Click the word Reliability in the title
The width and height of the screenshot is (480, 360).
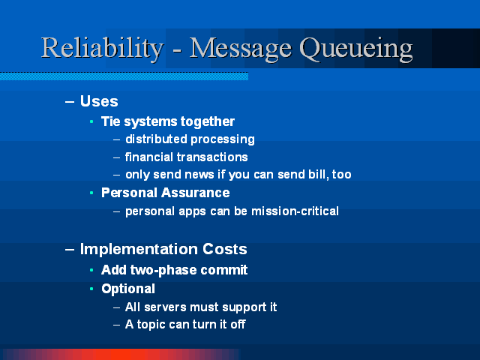[102, 49]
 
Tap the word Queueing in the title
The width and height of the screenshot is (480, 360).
[356, 49]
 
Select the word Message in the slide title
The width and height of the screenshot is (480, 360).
[241, 49]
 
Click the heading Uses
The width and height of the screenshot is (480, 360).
[99, 101]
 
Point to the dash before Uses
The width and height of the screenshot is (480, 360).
[70, 102]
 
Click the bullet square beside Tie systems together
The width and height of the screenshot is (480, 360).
[91, 121]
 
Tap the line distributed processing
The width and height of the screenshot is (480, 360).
[190, 139]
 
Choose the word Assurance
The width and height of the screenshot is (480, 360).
[196, 193]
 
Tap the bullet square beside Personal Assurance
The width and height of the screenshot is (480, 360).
[91, 193]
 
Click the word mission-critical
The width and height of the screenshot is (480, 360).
[295, 211]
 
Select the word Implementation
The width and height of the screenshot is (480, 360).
[139, 249]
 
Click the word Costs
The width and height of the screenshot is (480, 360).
[225, 249]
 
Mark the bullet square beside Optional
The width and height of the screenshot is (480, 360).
[91, 289]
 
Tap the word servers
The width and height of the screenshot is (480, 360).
[165, 307]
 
